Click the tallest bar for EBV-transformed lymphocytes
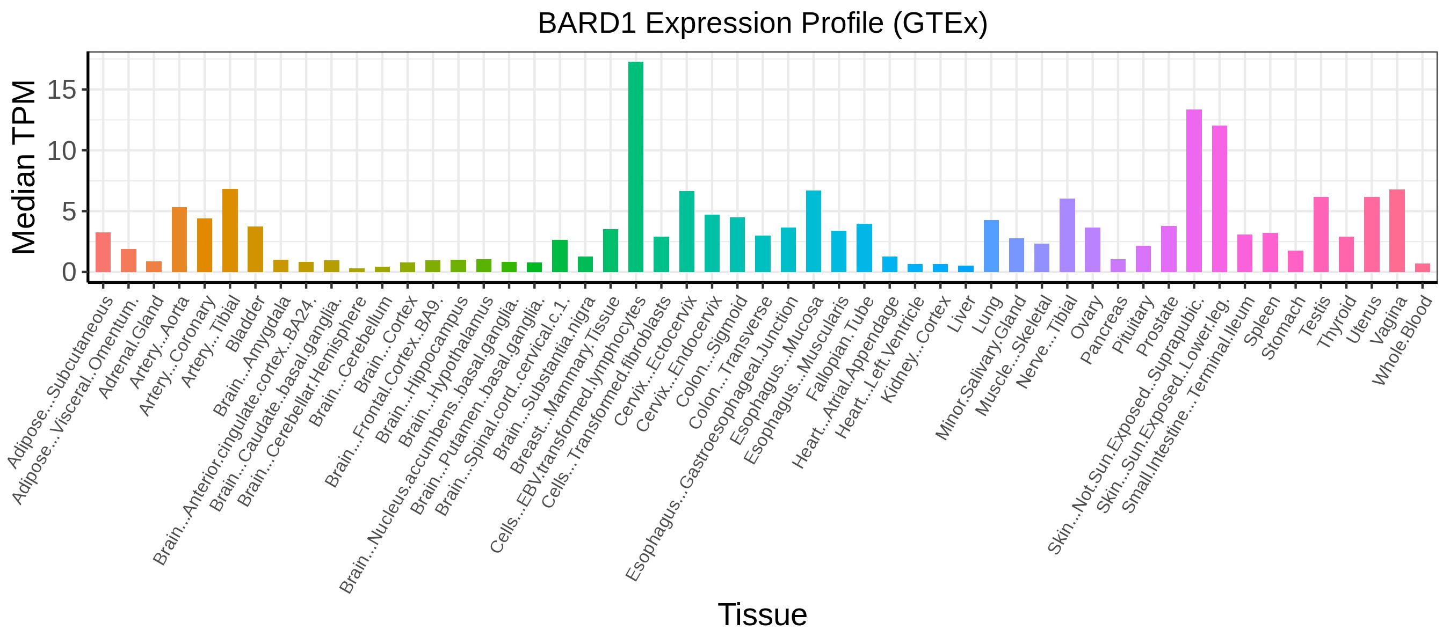pyautogui.click(x=635, y=167)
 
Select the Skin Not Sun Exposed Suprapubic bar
pyautogui.click(x=1194, y=191)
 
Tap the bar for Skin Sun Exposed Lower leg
pyautogui.click(x=1219, y=199)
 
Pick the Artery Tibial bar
pyautogui.click(x=230, y=231)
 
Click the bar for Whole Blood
pyautogui.click(x=1423, y=268)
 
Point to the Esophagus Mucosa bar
pyautogui.click(x=814, y=231)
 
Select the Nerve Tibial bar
pyautogui.click(x=1067, y=235)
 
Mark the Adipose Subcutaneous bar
pyautogui.click(x=103, y=252)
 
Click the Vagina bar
pyautogui.click(x=1397, y=231)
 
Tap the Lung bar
pyautogui.click(x=991, y=246)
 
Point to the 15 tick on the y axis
pyautogui.click(x=85, y=90)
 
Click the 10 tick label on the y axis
pyautogui.click(x=61, y=151)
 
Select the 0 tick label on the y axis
pyautogui.click(x=69, y=272)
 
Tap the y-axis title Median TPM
pyautogui.click(x=24, y=167)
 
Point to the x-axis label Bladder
pyautogui.click(x=244, y=324)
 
